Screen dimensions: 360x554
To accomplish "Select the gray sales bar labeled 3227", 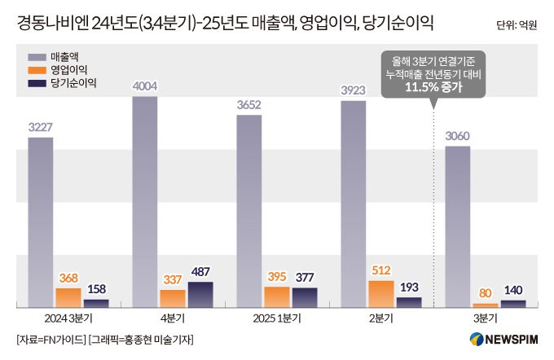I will pyautogui.click(x=40, y=220).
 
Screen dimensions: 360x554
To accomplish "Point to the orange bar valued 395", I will pyautogui.click(x=277, y=297).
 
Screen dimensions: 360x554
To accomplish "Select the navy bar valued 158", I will pyautogui.click(x=96, y=303).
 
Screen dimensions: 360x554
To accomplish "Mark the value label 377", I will pyautogui.click(x=305, y=277).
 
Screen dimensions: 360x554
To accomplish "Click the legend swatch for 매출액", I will pyautogui.click(x=36, y=58).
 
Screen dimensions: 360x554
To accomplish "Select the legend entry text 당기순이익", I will pyautogui.click(x=74, y=83).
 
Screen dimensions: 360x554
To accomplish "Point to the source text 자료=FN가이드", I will pyautogui.click(x=51, y=339).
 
